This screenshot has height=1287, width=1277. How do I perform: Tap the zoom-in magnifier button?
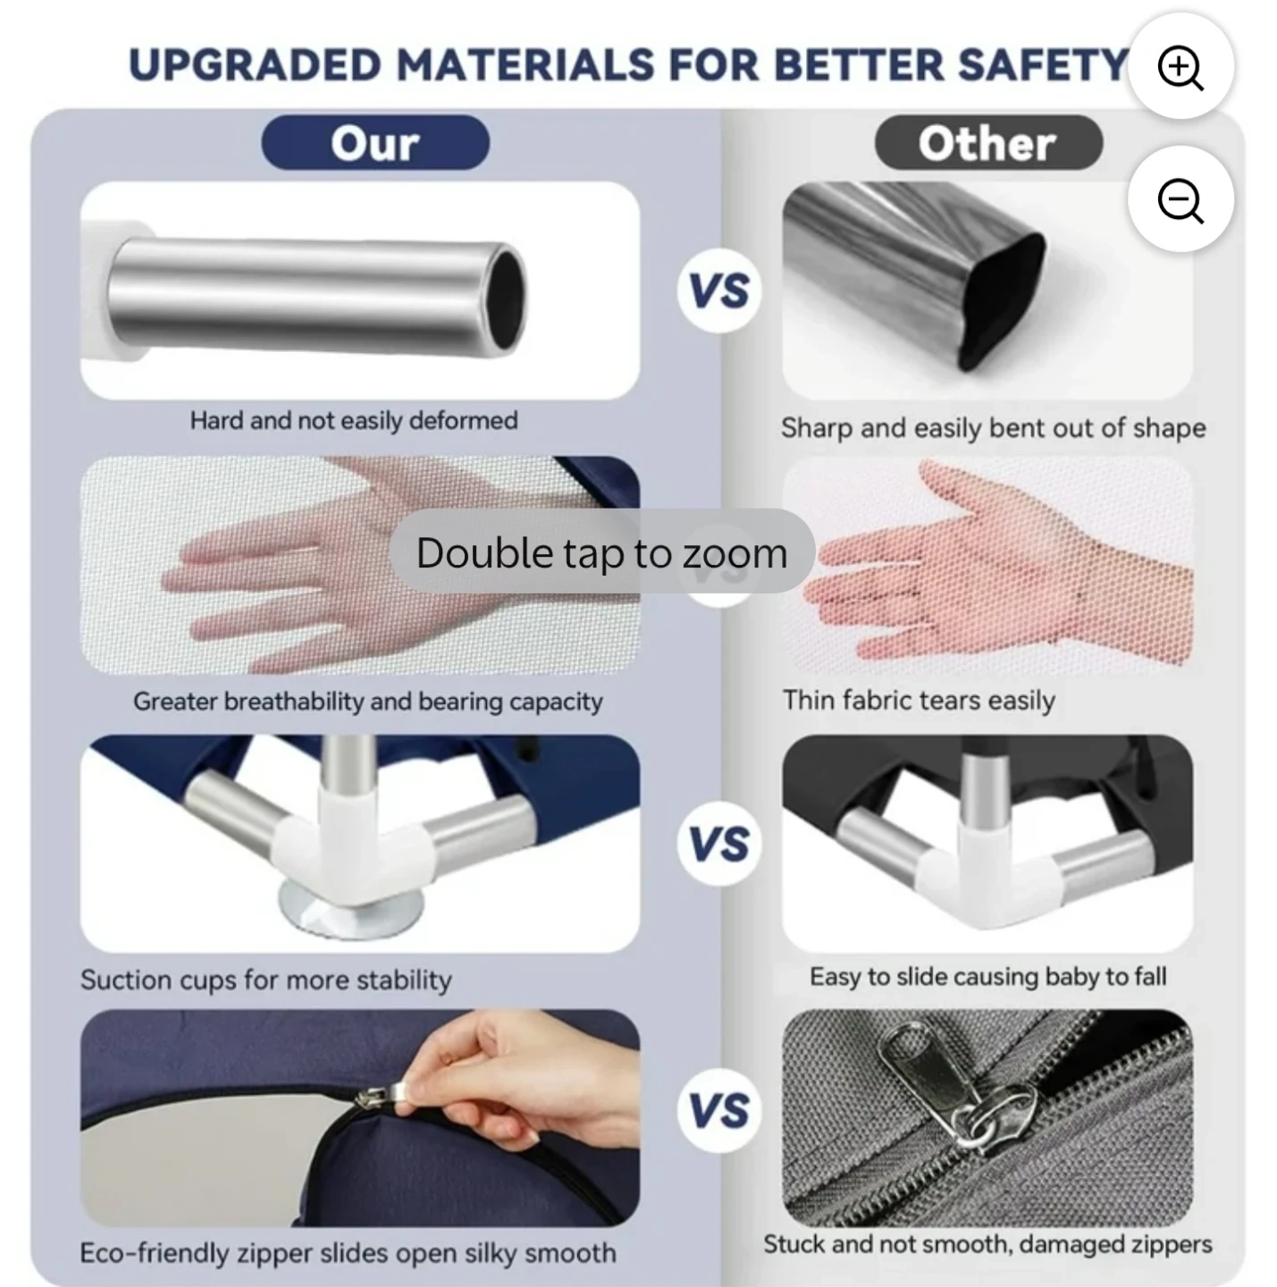[1180, 66]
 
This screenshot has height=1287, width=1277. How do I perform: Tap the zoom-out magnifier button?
[1180, 199]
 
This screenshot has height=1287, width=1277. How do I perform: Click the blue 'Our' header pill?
[375, 142]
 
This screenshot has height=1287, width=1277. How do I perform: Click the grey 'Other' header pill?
[987, 142]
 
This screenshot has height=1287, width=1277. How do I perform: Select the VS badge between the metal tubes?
[719, 290]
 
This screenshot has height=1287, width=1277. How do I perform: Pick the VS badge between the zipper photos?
[719, 1111]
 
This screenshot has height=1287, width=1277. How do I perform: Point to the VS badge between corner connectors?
[719, 844]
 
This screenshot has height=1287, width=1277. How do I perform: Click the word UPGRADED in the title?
[255, 65]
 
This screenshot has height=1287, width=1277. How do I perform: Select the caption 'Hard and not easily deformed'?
[354, 421]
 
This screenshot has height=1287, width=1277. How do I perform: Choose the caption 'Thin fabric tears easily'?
[919, 701]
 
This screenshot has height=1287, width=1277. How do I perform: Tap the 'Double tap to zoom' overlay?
[601, 551]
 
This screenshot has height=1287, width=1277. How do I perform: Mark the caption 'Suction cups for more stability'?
[265, 980]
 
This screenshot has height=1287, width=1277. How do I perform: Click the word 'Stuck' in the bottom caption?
[794, 1244]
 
